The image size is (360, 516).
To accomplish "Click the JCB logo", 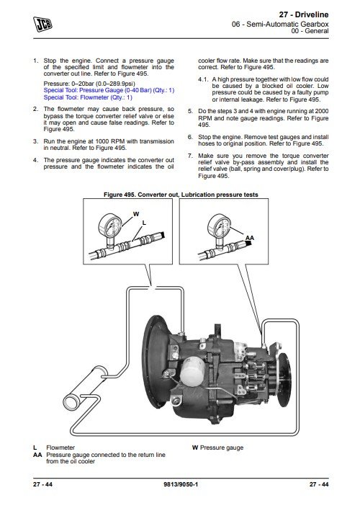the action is click(x=42, y=25).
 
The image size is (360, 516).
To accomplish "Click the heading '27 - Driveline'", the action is click(x=303, y=14).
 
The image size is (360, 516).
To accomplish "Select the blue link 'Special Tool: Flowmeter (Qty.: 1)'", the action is click(x=88, y=97).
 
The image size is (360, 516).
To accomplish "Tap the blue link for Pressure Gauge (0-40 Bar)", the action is click(x=109, y=90).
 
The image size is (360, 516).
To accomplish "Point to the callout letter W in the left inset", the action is click(x=136, y=214).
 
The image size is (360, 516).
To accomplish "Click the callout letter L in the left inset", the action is click(x=144, y=223).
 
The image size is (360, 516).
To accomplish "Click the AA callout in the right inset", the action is click(x=250, y=238).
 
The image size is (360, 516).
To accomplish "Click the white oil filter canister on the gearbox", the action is click(x=192, y=372).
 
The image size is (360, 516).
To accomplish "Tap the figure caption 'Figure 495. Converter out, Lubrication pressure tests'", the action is click(x=181, y=195).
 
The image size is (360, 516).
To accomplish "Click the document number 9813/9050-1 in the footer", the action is click(x=181, y=484).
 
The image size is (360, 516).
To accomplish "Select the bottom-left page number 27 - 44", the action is click(x=42, y=484).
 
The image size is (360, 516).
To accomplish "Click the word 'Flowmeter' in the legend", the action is click(x=60, y=448).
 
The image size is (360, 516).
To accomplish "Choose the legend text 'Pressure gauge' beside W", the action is click(x=222, y=448).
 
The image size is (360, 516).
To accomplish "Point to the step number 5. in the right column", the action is click(x=190, y=111).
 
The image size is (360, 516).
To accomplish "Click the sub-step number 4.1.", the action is click(x=203, y=79).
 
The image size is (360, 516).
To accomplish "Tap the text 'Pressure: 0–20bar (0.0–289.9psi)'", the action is click(x=89, y=84).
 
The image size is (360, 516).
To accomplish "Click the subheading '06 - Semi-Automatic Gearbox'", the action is click(x=280, y=24).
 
